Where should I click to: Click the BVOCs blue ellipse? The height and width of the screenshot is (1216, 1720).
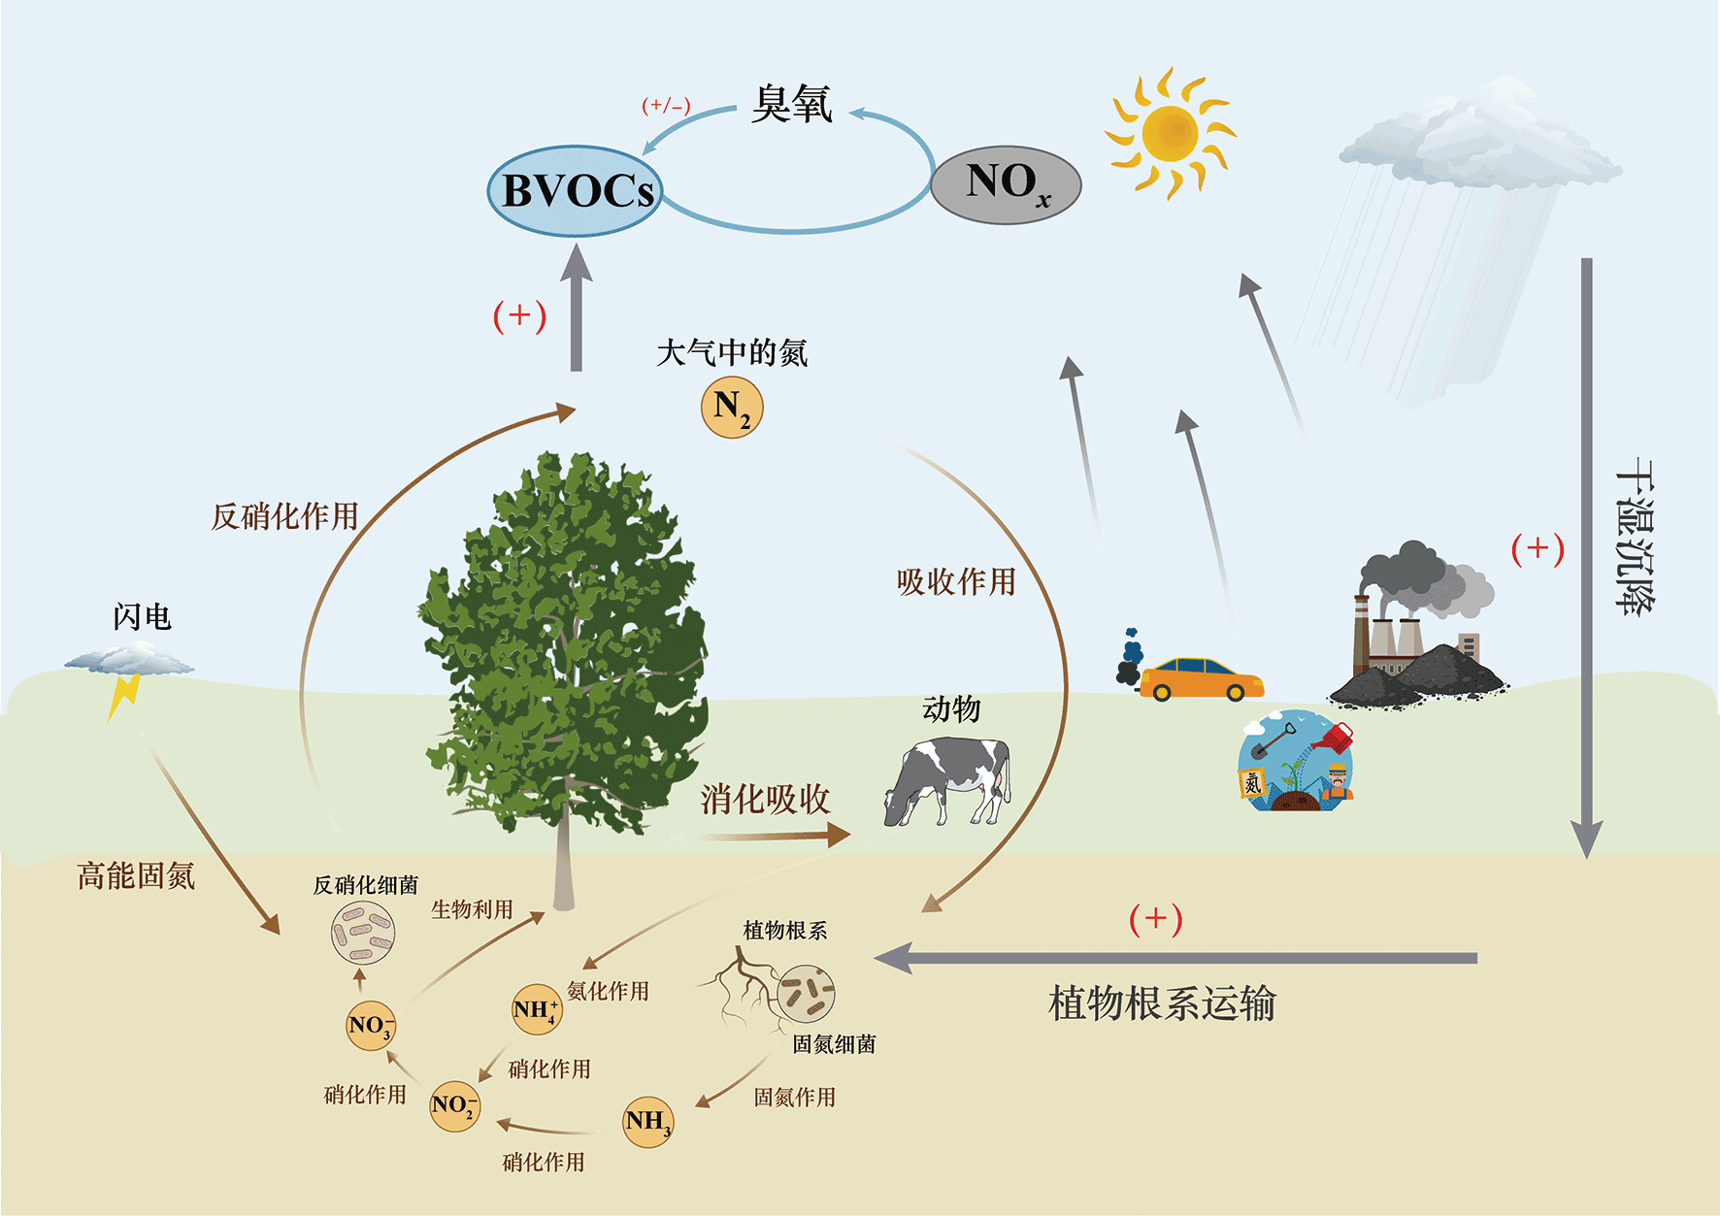[575, 190]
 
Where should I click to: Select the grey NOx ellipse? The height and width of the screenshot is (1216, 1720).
[1006, 184]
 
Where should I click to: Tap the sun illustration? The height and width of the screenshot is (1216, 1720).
[1170, 133]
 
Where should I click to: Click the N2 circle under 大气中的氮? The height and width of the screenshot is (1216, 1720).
[732, 408]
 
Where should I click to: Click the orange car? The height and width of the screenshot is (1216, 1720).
[1201, 678]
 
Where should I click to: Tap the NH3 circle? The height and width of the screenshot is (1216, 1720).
[647, 1122]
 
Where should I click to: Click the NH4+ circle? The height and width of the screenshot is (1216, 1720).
[536, 1009]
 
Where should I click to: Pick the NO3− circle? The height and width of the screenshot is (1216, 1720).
[371, 1025]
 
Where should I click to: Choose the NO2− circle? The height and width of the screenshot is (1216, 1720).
[454, 1105]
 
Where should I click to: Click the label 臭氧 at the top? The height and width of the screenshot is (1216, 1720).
[792, 104]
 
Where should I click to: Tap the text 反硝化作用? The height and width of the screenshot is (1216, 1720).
[285, 516]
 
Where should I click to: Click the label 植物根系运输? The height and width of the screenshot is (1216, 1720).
[1162, 1003]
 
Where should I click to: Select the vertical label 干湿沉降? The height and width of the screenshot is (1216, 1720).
[1636, 535]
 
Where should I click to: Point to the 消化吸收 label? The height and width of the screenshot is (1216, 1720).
[766, 800]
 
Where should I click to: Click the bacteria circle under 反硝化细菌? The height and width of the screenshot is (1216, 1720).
[363, 933]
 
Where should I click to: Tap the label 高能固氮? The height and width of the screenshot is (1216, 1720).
[137, 876]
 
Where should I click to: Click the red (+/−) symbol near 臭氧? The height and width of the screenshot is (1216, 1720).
[666, 105]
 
